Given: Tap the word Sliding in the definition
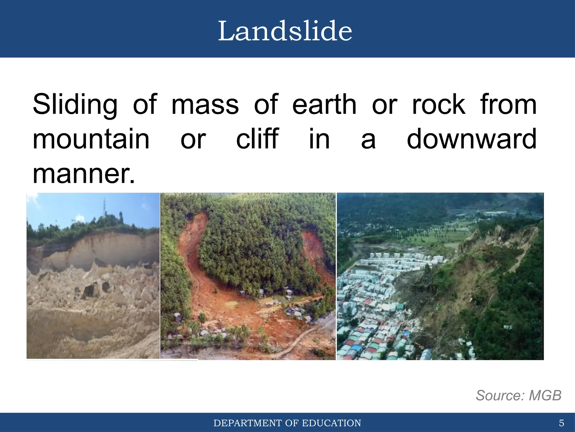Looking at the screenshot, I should click(75, 105).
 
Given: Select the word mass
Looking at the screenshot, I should click(205, 105).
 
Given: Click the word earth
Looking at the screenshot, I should click(324, 105).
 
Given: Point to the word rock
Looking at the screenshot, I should click(439, 105).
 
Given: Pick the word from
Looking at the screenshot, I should click(508, 105).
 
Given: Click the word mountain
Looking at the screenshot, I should click(91, 139).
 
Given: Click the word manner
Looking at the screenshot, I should click(83, 174).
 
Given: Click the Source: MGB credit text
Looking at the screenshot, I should click(518, 395).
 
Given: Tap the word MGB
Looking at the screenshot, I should click(545, 395).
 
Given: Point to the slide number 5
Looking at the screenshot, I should click(561, 423).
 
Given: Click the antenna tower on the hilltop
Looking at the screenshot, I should click(104, 207).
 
